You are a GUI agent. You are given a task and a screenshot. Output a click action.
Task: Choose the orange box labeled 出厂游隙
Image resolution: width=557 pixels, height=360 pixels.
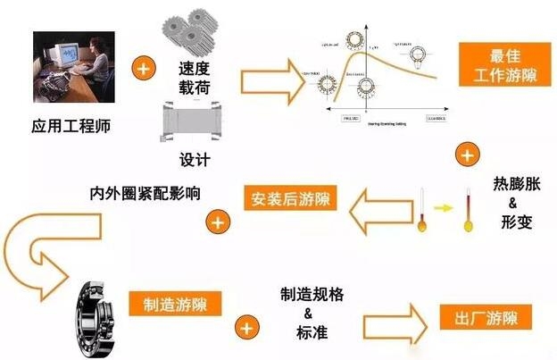(486, 316)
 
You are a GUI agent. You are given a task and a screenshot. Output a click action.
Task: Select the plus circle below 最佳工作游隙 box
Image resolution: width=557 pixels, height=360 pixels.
(465, 155)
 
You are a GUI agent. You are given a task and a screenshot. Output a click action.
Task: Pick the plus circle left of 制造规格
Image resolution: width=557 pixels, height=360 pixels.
(245, 328)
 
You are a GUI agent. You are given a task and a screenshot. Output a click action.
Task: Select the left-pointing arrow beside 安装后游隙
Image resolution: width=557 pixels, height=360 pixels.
(378, 210)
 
